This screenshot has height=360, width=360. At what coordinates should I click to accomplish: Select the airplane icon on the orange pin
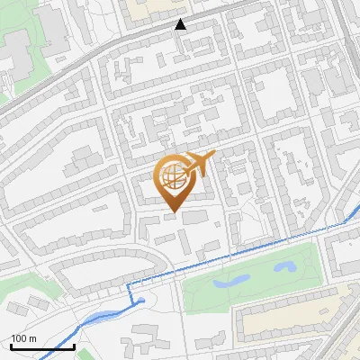pos(199,164)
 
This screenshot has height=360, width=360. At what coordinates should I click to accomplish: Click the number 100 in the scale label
pos(18,338)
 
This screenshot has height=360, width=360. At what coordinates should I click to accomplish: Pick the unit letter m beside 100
pos(31,338)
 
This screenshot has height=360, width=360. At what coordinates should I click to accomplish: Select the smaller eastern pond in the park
pos(285,266)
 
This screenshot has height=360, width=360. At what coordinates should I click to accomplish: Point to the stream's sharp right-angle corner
pos(128,284)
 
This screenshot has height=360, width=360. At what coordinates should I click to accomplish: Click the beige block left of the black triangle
pos(149,8)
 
